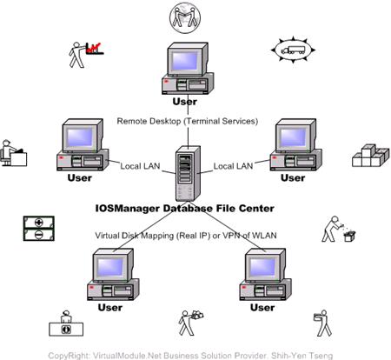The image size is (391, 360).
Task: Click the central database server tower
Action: click(188, 173)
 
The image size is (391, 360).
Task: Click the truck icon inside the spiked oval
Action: click(293, 50)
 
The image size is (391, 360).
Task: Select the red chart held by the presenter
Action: click(95, 49)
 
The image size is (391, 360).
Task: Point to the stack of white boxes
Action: click(371, 156)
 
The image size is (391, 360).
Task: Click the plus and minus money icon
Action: click(39, 229)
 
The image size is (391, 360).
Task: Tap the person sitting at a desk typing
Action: click(14, 153)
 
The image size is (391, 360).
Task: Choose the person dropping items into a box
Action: click(338, 229)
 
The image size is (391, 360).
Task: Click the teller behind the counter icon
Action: click(66, 323)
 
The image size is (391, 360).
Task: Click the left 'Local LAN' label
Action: click(140, 166)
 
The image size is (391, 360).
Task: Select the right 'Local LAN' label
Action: click(233, 166)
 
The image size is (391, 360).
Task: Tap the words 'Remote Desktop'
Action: click(149, 121)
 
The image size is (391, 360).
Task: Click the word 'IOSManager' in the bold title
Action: click(128, 209)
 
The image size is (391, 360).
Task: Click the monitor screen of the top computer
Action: click(185, 61)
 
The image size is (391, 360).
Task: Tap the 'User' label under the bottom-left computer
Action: click(110, 308)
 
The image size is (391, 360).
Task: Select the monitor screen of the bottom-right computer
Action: click(262, 267)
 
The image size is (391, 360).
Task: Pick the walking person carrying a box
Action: click(322, 323)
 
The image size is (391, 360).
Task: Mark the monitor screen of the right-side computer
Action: click(293, 137)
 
